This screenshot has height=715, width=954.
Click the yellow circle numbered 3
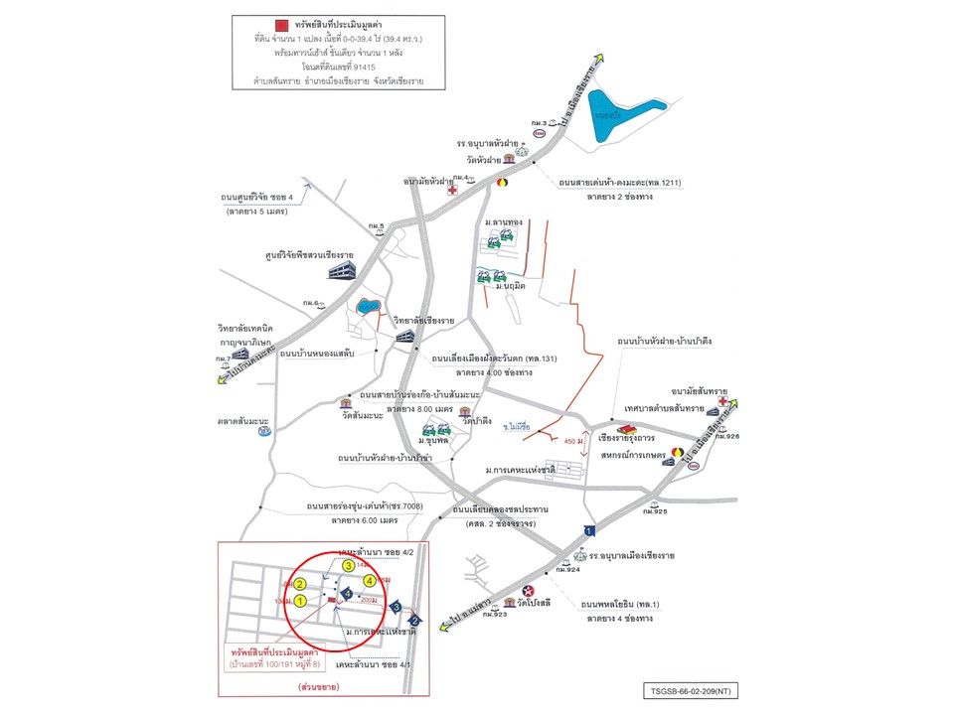click(x=348, y=565)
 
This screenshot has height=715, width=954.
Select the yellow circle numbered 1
click(x=300, y=602)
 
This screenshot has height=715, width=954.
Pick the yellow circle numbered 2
click(x=299, y=584)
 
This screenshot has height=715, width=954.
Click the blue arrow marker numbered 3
click(x=396, y=606)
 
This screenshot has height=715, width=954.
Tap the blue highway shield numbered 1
click(x=589, y=531)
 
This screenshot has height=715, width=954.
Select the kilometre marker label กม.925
click(x=654, y=510)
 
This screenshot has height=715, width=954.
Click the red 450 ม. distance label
click(x=575, y=440)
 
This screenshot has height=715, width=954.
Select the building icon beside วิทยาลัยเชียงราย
click(x=405, y=336)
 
